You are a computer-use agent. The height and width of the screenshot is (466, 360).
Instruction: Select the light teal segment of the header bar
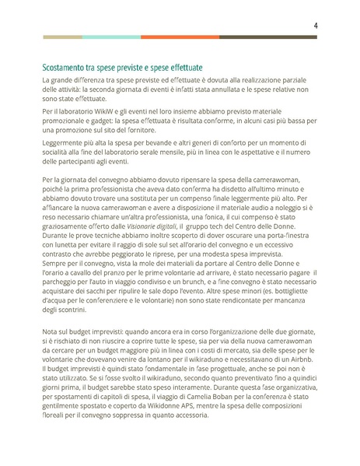[111, 37]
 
